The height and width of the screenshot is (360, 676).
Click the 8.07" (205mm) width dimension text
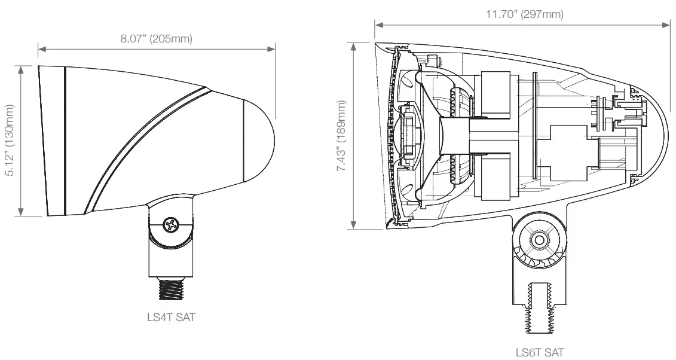click(156, 39)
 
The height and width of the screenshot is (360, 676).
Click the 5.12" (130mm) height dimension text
click(10, 140)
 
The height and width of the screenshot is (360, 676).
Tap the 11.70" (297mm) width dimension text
click(524, 14)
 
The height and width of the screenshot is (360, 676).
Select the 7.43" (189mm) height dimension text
click(342, 136)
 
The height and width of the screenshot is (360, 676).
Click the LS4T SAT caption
click(171, 318)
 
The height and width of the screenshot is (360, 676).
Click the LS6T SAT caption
click(540, 352)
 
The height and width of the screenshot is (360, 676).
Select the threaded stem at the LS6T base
click(540, 308)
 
